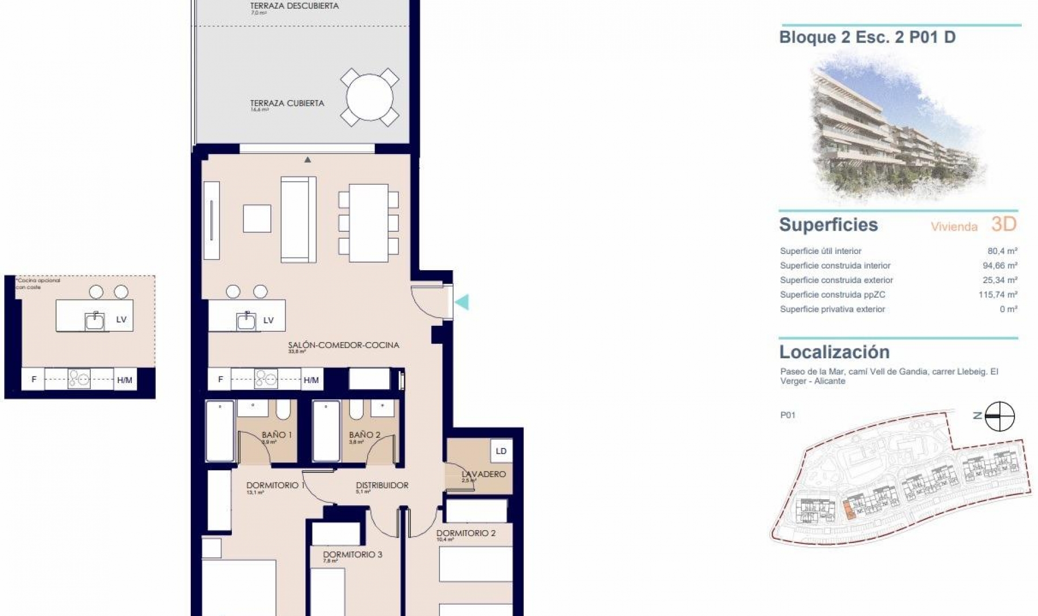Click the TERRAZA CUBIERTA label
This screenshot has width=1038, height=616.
pyautogui.click(x=287, y=103)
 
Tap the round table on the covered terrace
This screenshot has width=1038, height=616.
pyautogui.click(x=370, y=97)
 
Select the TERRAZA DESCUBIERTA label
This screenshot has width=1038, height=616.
pyautogui.click(x=294, y=6)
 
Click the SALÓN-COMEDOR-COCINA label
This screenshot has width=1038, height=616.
pyautogui.click(x=343, y=345)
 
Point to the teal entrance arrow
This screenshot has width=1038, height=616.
pyautogui.click(x=462, y=302)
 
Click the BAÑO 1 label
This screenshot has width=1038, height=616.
pyautogui.click(x=276, y=434)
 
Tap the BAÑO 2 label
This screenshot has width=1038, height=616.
pyautogui.click(x=364, y=434)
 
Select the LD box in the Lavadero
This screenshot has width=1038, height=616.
pyautogui.click(x=501, y=451)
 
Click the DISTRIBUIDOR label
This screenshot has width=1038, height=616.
pyautogui.click(x=382, y=485)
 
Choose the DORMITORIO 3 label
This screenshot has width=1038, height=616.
pyautogui.click(x=352, y=554)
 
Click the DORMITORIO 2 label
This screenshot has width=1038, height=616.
pyautogui.click(x=465, y=533)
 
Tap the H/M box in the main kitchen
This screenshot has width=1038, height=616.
pyautogui.click(x=311, y=380)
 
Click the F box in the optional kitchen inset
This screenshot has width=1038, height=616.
pyautogui.click(x=34, y=379)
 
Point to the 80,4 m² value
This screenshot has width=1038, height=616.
pyautogui.click(x=1002, y=251)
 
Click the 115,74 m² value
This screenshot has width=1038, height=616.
pyautogui.click(x=997, y=294)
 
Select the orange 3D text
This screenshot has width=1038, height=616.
pyautogui.click(x=1004, y=224)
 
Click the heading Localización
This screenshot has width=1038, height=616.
pyautogui.click(x=834, y=352)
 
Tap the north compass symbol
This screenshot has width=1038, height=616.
pyautogui.click(x=999, y=416)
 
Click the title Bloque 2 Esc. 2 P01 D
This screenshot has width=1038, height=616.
pyautogui.click(x=867, y=37)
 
